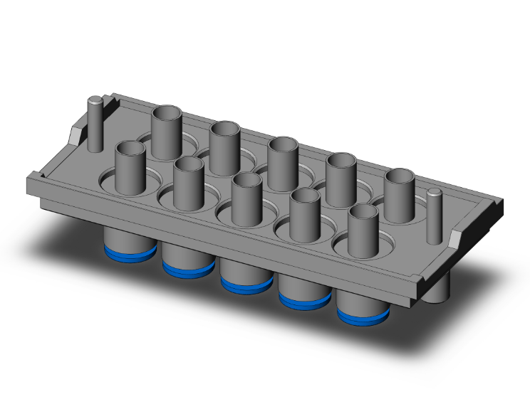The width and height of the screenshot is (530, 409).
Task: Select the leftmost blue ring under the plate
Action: pyautogui.click(x=130, y=252)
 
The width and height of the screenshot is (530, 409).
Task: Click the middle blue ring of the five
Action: pyautogui.click(x=246, y=283)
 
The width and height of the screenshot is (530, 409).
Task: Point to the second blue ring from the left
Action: pyautogui.click(x=188, y=267)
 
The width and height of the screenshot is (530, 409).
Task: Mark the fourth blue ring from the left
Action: pyautogui.click(x=304, y=299)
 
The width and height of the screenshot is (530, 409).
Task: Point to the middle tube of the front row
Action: pyautogui.click(x=246, y=198)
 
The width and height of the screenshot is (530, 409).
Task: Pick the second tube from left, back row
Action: pyautogui.click(x=224, y=147)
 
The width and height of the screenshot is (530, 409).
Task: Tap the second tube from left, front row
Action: pyautogui.click(x=189, y=182)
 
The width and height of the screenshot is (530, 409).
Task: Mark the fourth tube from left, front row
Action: pyautogui.click(x=305, y=213)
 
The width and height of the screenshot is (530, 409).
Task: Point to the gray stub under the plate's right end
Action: pyautogui.click(x=438, y=287)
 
